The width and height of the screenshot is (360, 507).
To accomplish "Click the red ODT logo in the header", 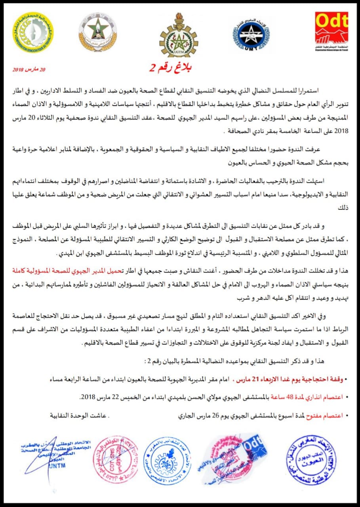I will [x=331, y=29].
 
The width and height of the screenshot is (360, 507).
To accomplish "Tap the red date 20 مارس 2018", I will [x=30, y=70].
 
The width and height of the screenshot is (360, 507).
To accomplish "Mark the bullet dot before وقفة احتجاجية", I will [x=347, y=380].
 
